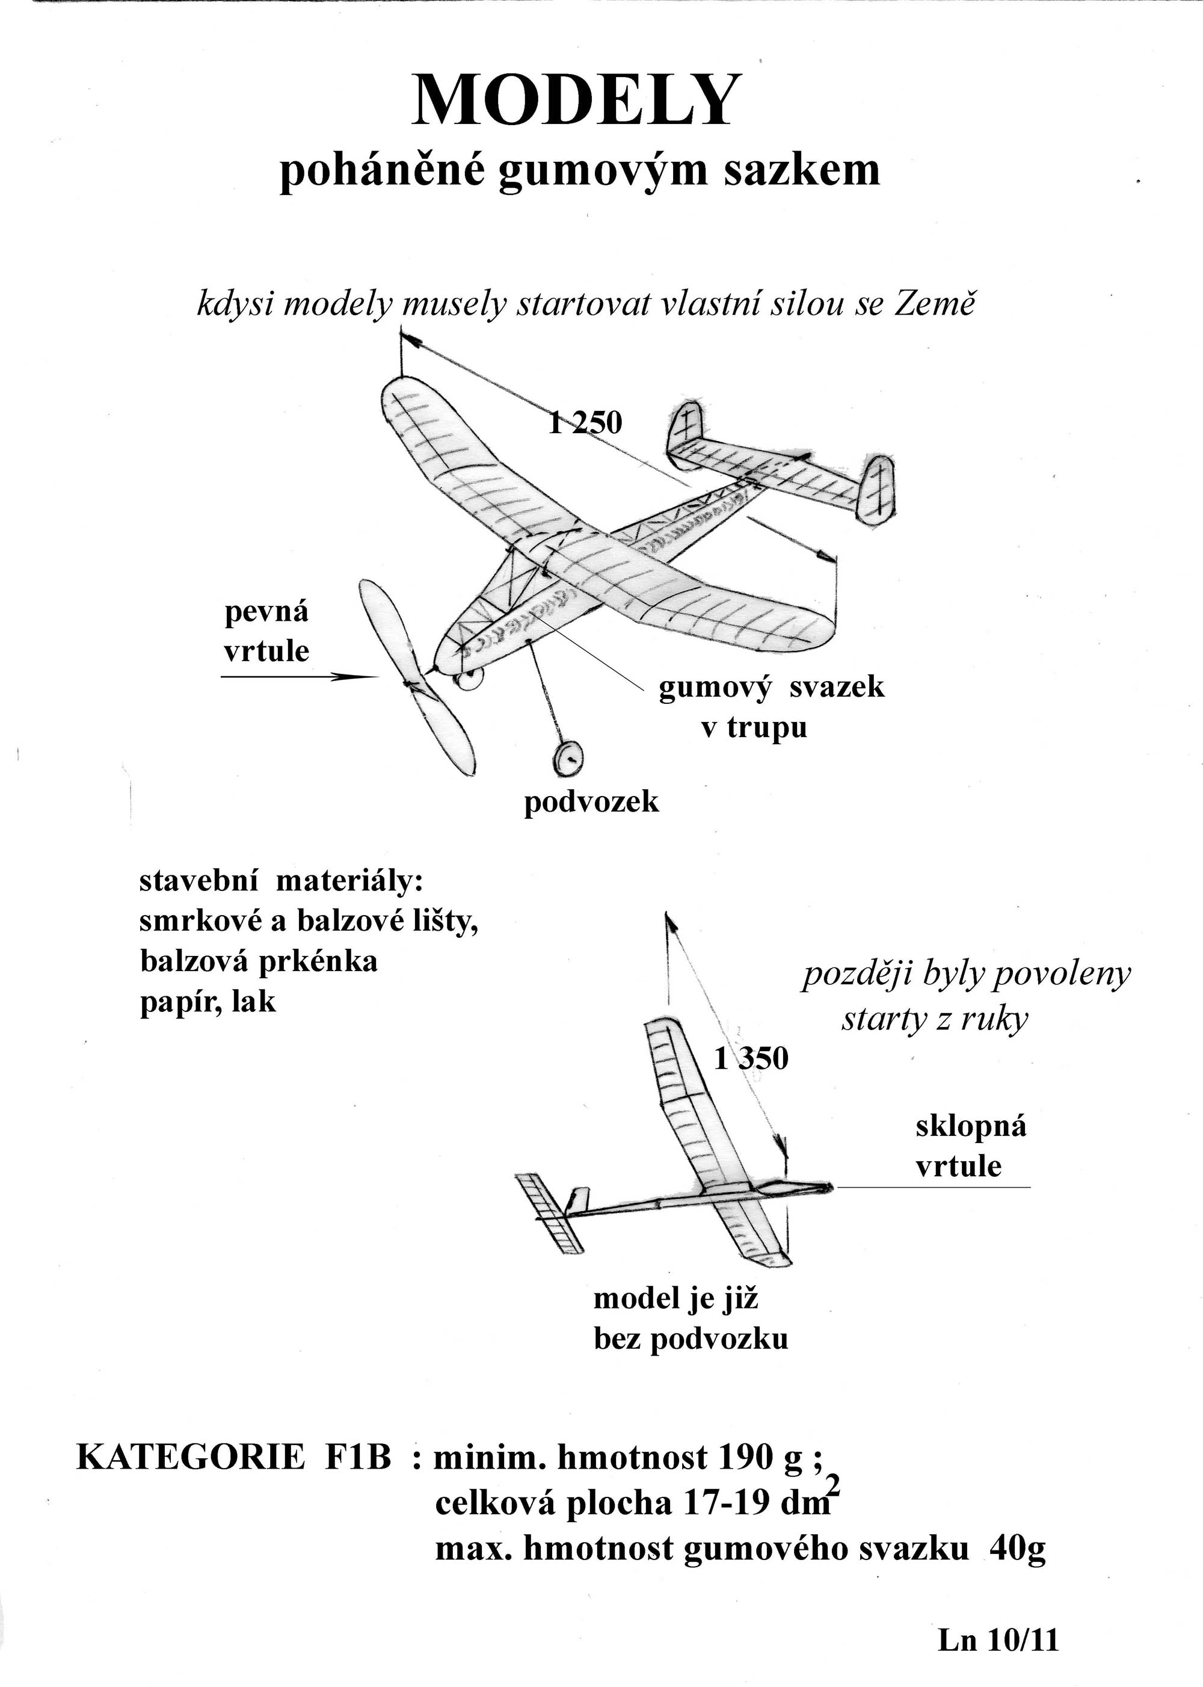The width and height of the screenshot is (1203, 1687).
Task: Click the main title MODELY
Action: (x=577, y=100)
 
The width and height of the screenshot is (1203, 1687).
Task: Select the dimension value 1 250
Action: (x=585, y=422)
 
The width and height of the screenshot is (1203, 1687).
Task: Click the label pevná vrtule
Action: (x=266, y=631)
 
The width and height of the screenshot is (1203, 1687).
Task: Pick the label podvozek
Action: (x=591, y=801)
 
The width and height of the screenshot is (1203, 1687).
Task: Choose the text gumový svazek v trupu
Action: (x=771, y=707)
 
